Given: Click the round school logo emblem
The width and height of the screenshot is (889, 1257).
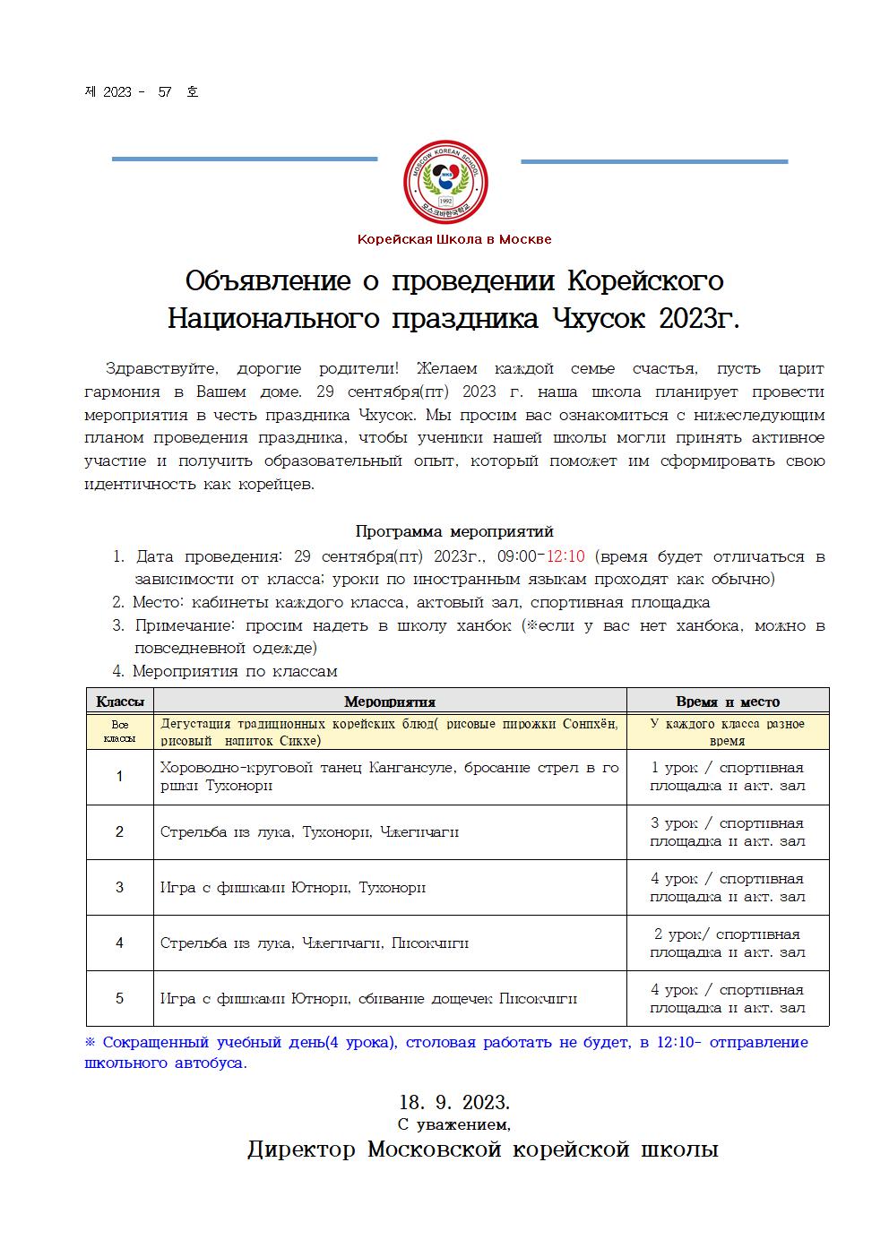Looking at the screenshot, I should [445, 183].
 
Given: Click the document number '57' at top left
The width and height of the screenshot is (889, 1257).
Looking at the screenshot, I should [164, 92].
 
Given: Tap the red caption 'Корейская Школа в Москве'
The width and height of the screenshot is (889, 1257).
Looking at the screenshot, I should [454, 239].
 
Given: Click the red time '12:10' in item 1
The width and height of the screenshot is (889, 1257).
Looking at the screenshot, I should [565, 556].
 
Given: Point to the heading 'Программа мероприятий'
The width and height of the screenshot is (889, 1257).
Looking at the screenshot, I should [454, 531].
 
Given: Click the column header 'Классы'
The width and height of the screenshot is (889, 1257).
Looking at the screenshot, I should [119, 702].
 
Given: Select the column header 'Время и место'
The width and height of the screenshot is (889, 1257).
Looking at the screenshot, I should [727, 702].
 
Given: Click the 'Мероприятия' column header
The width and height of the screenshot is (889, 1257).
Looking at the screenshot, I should [390, 702].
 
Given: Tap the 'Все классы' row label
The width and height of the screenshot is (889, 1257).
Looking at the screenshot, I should [119, 731].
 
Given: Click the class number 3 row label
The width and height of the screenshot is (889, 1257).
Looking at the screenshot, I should [119, 888].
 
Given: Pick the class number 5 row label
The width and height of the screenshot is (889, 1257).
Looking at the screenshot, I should [119, 999].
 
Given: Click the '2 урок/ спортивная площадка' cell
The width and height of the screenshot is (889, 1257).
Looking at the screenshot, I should [727, 943].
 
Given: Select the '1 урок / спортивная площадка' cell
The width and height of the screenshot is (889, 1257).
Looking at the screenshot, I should [727, 777].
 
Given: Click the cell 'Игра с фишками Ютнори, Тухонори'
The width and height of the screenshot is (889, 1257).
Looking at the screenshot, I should [292, 888].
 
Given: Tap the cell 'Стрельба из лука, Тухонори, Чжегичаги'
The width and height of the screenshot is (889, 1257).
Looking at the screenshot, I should [309, 832].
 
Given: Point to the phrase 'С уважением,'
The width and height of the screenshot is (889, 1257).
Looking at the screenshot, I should [453, 1124].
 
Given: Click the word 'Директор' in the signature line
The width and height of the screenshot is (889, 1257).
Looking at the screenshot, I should [301, 1149].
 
